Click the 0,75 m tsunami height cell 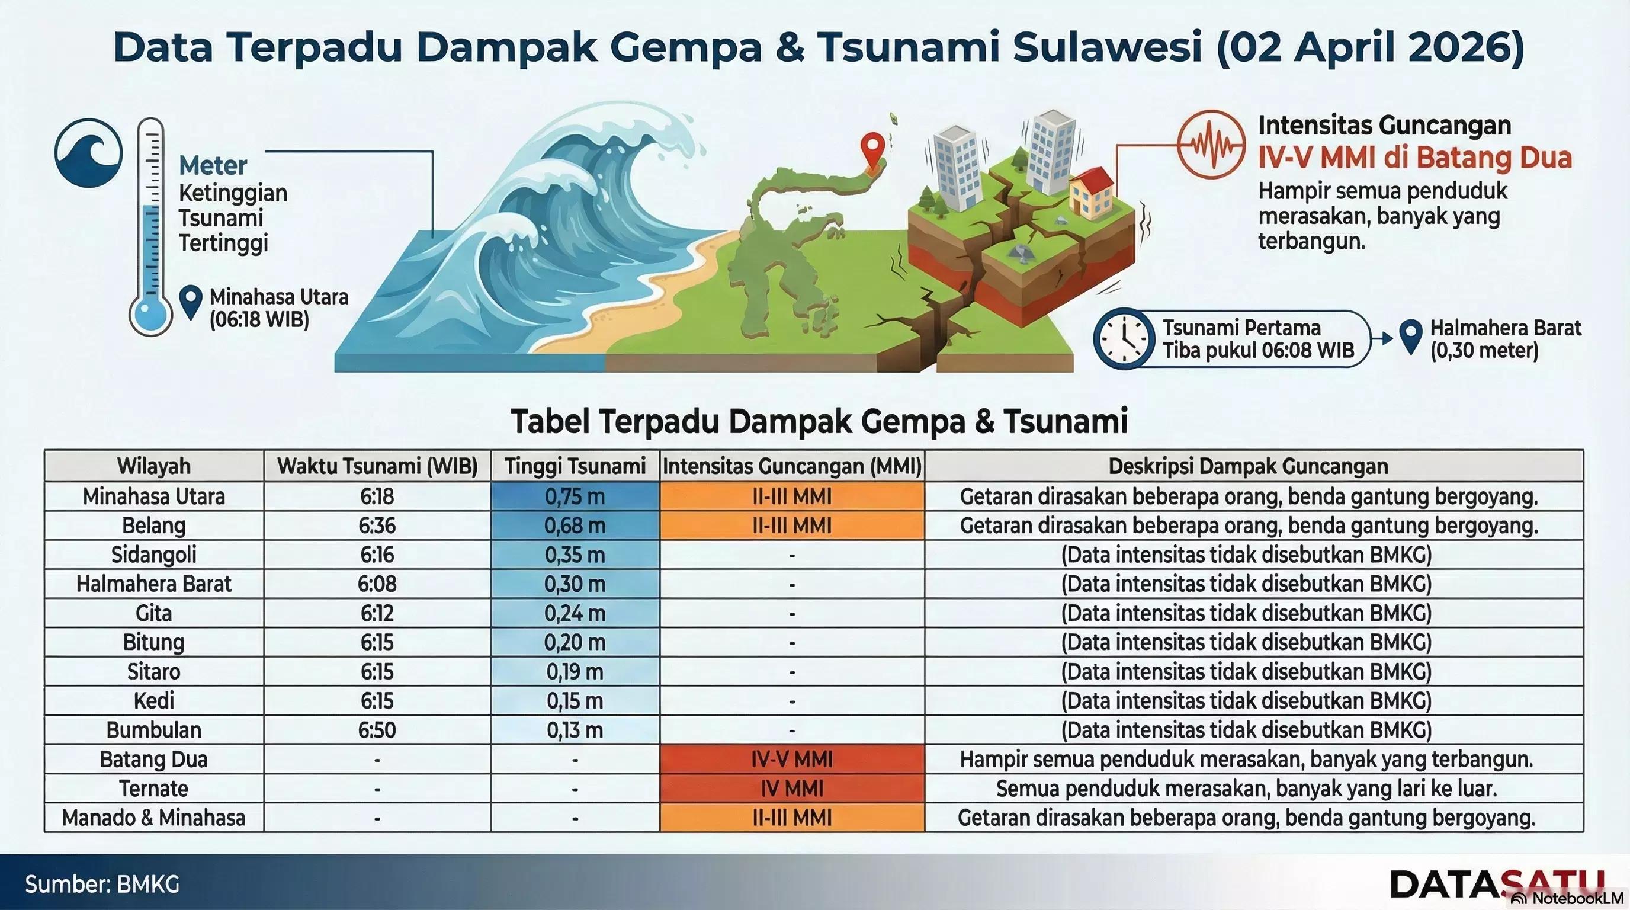point(575,496)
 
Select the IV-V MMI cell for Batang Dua point(791,760)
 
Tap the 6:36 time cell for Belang point(377,526)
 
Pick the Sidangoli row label point(154,555)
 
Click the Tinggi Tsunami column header point(575,466)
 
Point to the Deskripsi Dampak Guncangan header point(1248,466)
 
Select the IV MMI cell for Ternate point(791,789)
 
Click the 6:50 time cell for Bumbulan point(377,730)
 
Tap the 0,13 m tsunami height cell point(575,730)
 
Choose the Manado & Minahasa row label point(154,818)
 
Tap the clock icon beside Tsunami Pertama point(1123,338)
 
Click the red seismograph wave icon point(1211,145)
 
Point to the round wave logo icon point(89,153)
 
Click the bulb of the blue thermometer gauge point(150,314)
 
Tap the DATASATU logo point(1497,883)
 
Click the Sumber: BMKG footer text point(102,884)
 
